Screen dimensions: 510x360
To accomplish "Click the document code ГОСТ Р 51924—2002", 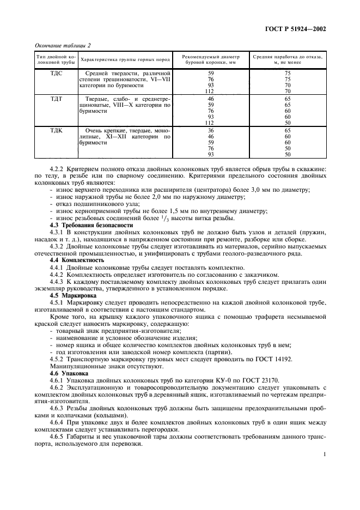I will (x=296, y=29).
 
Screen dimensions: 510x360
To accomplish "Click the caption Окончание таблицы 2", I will (x=63, y=45).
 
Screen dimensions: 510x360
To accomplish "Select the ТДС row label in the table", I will (x=56, y=73).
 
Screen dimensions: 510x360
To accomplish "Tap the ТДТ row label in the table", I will (x=56, y=99).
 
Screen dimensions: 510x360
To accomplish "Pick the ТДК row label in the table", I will (x=56, y=131).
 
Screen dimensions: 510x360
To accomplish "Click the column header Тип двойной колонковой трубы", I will (x=56, y=59).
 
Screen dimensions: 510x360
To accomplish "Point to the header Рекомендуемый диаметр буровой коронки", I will (x=210, y=59).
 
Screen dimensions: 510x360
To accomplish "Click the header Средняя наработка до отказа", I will (x=288, y=59).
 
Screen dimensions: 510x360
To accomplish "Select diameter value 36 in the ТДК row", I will (x=211, y=131).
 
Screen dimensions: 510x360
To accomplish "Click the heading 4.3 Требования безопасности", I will (x=91, y=224).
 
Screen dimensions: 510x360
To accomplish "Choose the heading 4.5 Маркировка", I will (x=75, y=295).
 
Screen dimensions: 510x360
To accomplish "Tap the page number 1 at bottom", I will (x=324, y=453).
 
